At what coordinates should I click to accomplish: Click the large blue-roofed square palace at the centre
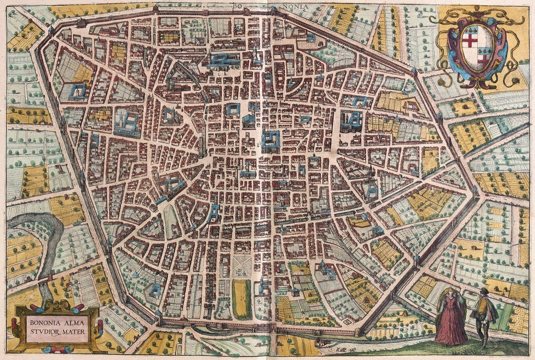pos(271,140)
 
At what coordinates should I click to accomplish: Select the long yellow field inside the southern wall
pos(241,299)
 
